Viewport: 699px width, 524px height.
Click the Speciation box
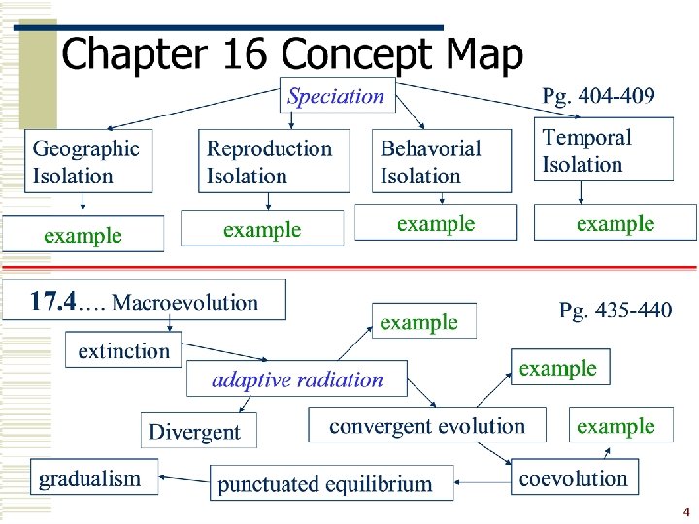(x=337, y=96)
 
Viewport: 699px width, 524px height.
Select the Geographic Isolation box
(x=87, y=161)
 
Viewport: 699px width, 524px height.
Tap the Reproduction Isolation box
(x=272, y=161)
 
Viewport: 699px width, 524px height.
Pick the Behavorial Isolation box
(x=442, y=161)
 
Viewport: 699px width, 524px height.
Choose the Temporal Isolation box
(x=603, y=149)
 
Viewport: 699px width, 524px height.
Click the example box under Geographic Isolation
(x=83, y=235)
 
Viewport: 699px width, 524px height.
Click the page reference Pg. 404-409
(x=598, y=95)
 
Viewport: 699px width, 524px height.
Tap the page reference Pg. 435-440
(x=616, y=311)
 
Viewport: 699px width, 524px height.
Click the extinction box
(x=123, y=350)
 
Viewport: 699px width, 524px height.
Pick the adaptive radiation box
(x=297, y=379)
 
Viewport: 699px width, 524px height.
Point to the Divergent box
(x=199, y=432)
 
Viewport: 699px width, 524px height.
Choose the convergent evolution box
(x=426, y=426)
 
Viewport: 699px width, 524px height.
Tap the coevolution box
(x=573, y=477)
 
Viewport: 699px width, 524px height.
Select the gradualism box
(x=89, y=477)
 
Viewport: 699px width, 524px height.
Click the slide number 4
(x=685, y=511)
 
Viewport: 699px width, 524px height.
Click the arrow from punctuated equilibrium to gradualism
(x=184, y=476)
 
